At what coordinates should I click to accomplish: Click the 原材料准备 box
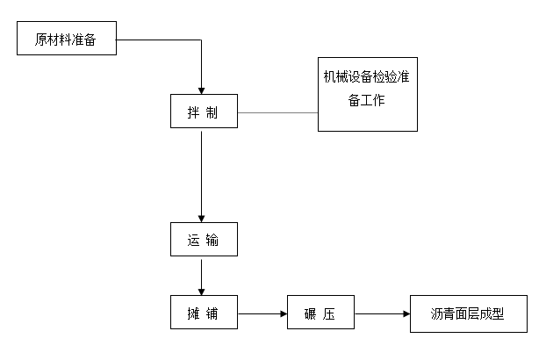click(x=66, y=40)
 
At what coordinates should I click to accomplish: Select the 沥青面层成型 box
click(x=468, y=313)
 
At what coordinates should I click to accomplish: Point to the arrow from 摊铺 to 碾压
click(x=263, y=313)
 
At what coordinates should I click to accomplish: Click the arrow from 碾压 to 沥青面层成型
click(x=382, y=313)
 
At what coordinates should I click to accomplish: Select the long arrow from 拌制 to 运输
click(x=203, y=176)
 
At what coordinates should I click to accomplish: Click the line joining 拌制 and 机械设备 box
click(x=277, y=112)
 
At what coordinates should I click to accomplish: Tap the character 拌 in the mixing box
click(x=193, y=113)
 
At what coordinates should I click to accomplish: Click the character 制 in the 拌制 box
click(x=212, y=113)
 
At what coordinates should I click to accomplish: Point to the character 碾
click(x=311, y=313)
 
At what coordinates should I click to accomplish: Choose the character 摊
click(x=193, y=313)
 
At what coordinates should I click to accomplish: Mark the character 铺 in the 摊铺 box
click(x=212, y=313)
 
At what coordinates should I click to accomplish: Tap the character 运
click(x=193, y=240)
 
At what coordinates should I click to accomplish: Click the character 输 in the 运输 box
click(x=212, y=240)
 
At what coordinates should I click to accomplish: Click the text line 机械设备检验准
click(x=367, y=76)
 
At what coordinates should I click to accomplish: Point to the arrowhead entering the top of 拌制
click(x=203, y=90)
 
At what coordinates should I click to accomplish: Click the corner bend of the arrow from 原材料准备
click(x=203, y=40)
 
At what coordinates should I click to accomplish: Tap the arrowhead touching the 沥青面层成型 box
click(x=406, y=313)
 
